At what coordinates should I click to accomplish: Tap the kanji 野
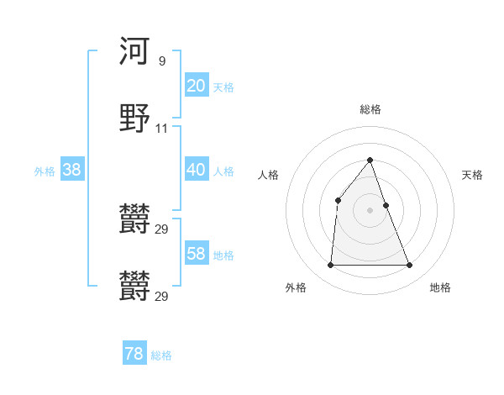point(134,118)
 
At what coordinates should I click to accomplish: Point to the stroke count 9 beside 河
point(162,61)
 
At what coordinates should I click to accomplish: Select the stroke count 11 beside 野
point(162,129)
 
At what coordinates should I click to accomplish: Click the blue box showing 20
point(196,85)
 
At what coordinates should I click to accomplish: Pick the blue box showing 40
point(196,169)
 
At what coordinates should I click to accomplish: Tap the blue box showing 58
point(196,253)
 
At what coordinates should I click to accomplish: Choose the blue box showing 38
point(72,169)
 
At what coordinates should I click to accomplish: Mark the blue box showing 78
point(134,354)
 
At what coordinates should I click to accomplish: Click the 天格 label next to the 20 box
point(223,87)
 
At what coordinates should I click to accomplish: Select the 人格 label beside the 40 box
point(223,171)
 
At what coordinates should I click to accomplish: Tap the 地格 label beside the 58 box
point(223,255)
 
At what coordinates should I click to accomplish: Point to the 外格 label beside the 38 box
point(45,171)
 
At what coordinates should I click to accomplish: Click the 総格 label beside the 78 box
point(161,356)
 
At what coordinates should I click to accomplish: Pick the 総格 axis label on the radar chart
point(370,109)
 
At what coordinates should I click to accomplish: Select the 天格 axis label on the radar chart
point(472,175)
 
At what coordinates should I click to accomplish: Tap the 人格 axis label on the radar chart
point(269,175)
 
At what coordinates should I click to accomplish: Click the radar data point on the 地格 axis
point(410,266)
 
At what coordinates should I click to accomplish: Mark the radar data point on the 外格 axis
point(330,266)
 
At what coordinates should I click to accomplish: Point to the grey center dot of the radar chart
point(370,210)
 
